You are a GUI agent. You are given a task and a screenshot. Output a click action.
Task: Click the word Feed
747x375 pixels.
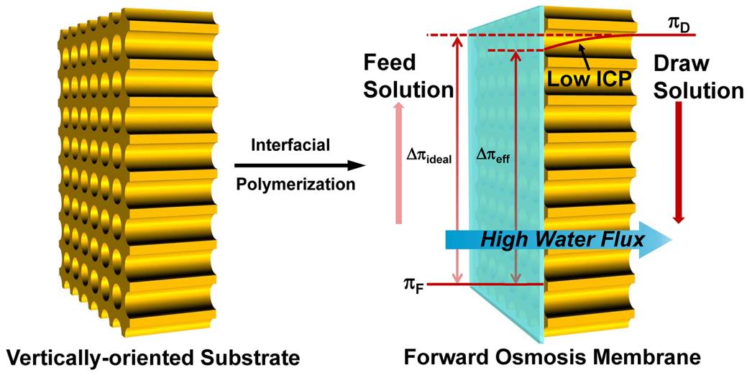pos(390,62)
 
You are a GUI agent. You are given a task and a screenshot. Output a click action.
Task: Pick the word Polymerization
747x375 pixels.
pos(295,184)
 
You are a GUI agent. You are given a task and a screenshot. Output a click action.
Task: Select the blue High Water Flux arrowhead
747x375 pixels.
pos(658,239)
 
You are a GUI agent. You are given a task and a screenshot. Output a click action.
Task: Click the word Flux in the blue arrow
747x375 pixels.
pos(620,239)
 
